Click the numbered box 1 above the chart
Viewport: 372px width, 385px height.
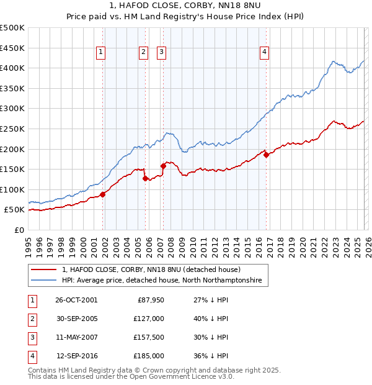pos(100,53)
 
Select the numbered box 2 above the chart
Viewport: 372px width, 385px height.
pos(144,53)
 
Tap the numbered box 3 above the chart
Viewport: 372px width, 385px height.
pos(161,53)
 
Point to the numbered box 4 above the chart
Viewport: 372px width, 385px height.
pos(264,53)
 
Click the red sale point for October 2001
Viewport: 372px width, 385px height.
pos(103,194)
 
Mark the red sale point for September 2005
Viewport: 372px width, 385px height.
pos(146,178)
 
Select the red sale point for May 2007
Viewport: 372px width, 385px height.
pos(163,166)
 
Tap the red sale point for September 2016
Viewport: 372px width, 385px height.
pos(266,155)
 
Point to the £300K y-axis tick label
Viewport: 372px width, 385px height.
pos(12,109)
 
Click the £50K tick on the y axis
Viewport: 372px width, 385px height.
pos(15,210)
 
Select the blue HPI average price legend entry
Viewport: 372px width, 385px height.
pos(162,281)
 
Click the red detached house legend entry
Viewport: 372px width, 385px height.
pos(155,269)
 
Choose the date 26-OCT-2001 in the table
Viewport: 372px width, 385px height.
pos(76,300)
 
